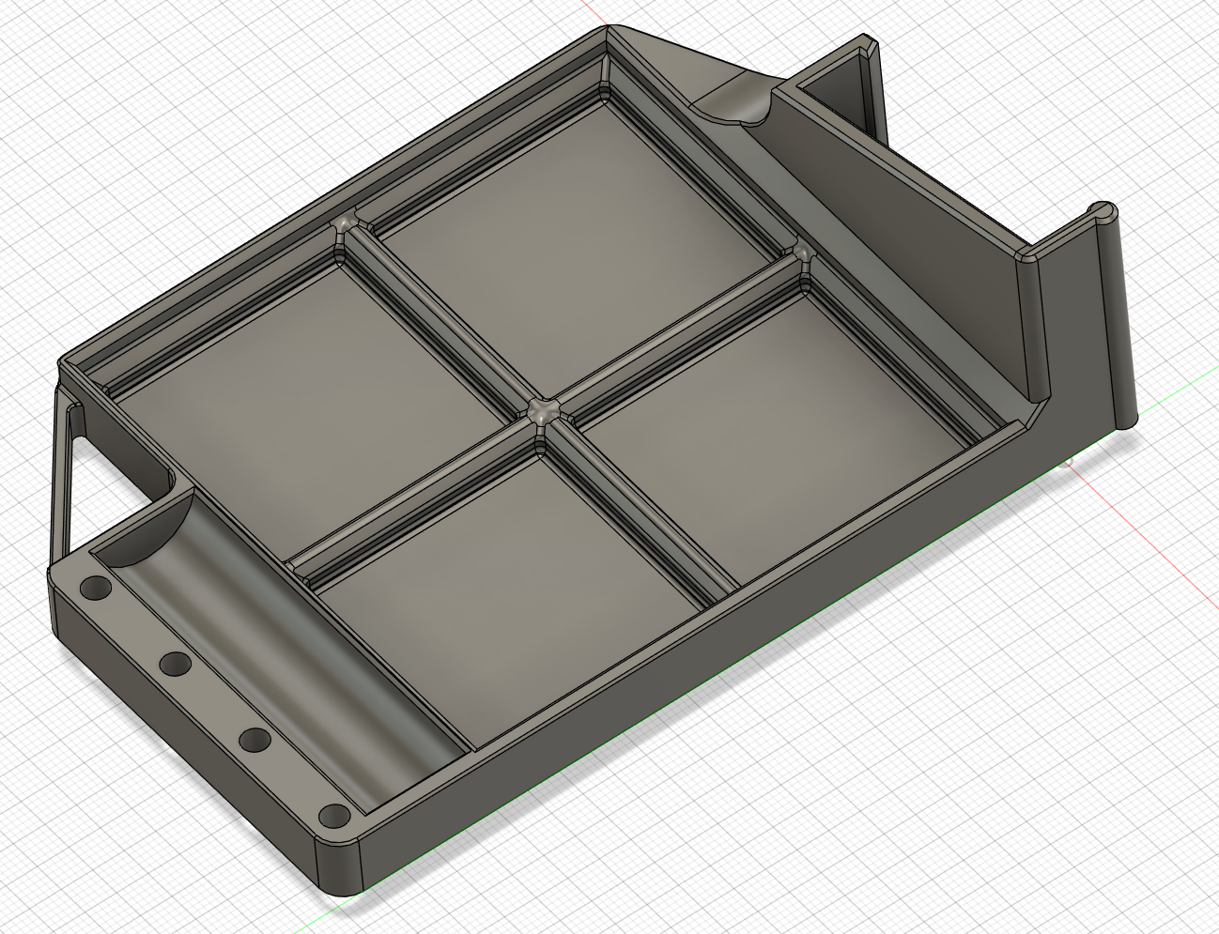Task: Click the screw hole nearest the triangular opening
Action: pos(95,589)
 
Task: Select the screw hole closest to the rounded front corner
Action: pos(332,815)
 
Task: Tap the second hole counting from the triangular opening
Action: pos(175,665)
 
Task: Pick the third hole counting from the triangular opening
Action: pos(254,741)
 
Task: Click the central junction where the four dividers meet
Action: pos(543,411)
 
